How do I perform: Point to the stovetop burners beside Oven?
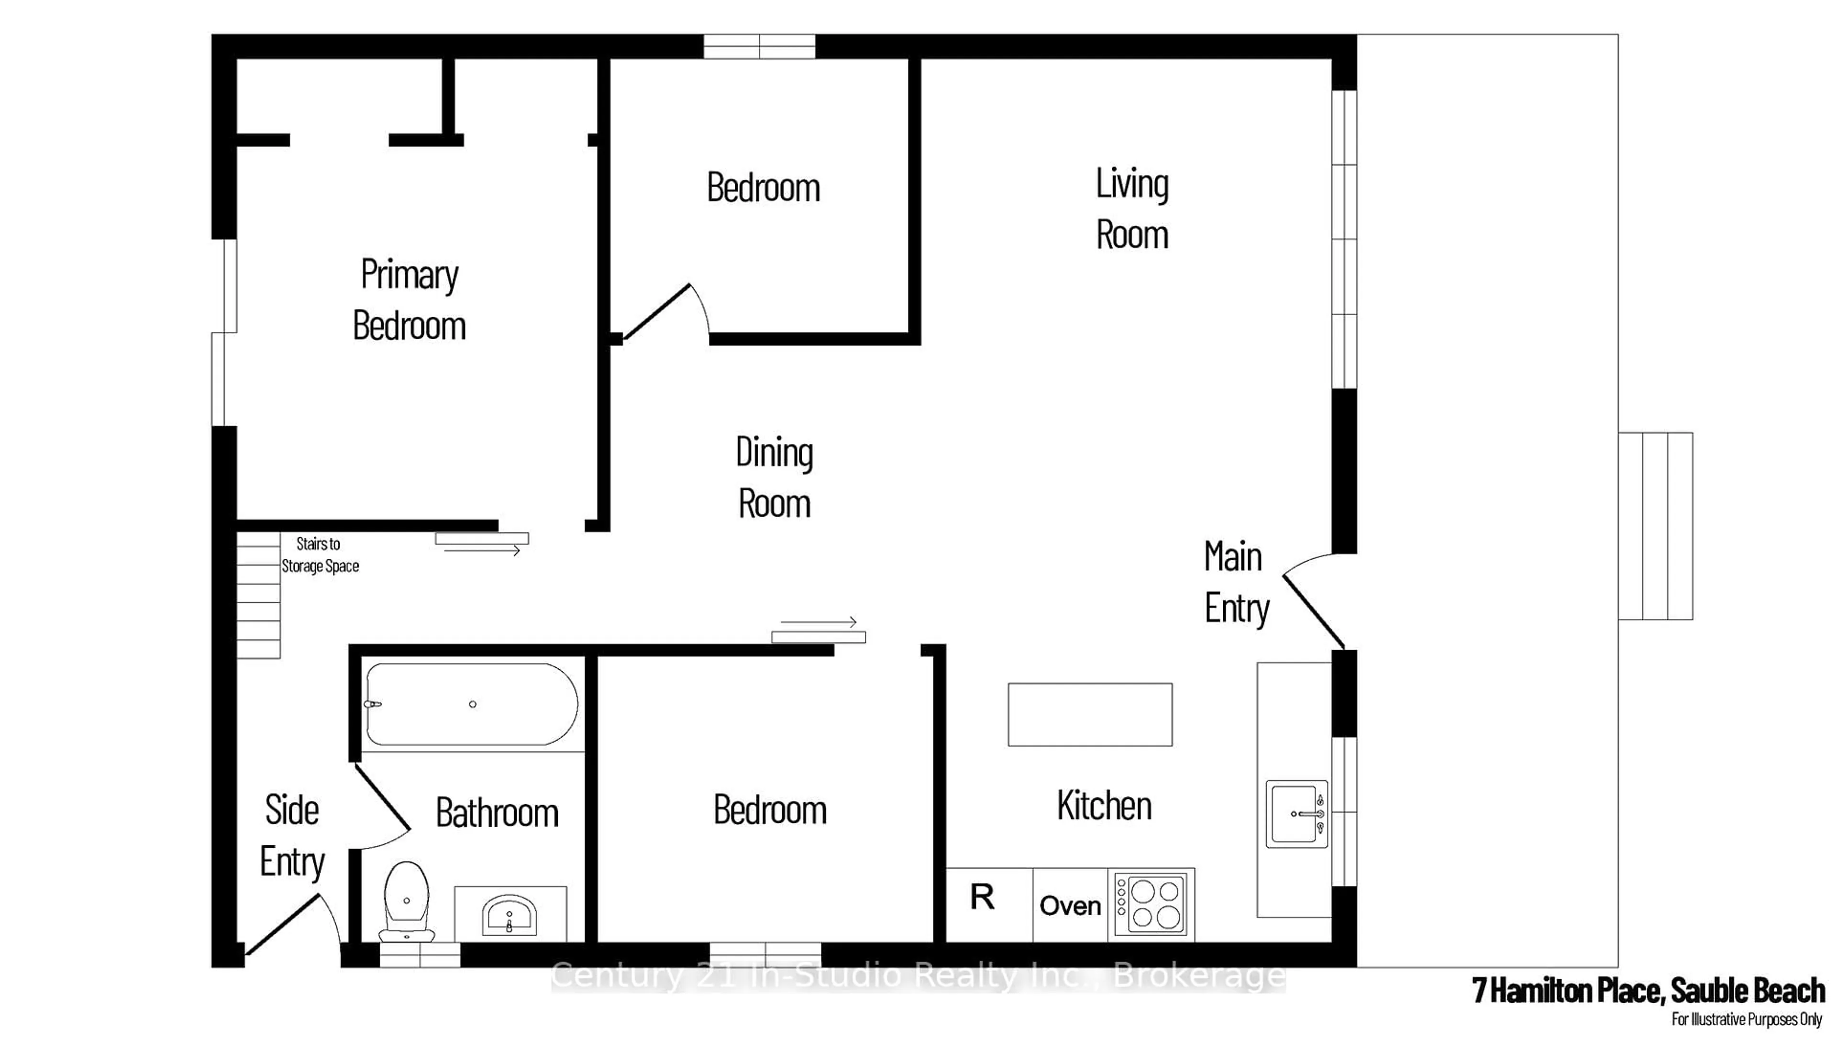point(1151,905)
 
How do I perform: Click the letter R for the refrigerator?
point(982,897)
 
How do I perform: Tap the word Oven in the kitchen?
point(1070,906)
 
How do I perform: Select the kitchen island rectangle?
point(1090,714)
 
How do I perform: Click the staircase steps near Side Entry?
point(258,595)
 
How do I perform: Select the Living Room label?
point(1132,209)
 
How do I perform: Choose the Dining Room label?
point(775,477)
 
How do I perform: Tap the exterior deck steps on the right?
point(1655,526)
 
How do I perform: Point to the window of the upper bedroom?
point(759,46)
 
